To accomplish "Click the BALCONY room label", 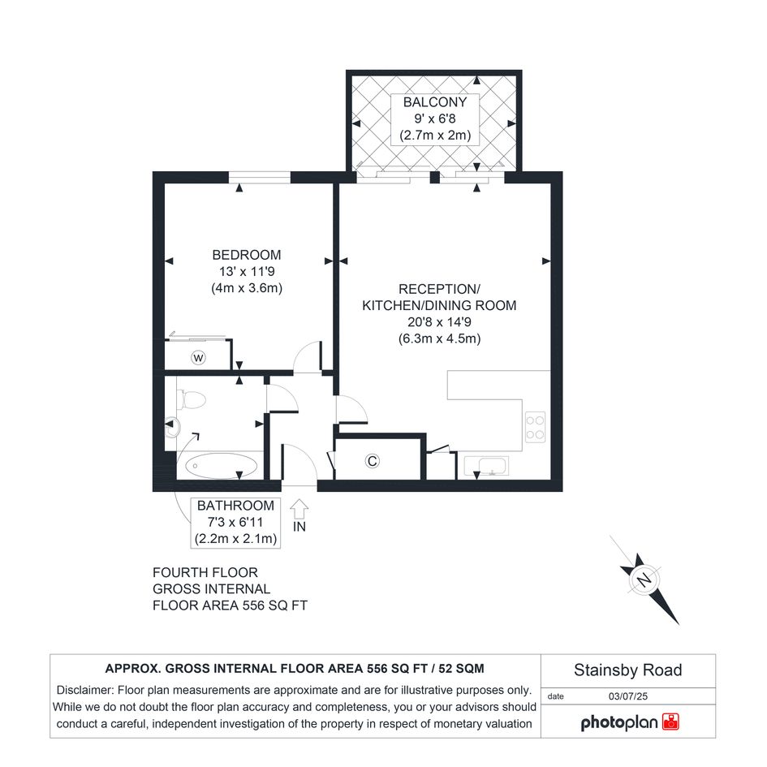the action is pos(435,102).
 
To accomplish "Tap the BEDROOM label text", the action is pos(247,255).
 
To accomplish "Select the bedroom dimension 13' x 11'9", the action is pos(247,271).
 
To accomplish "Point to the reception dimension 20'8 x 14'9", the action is pos(439,322).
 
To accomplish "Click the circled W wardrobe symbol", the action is pos(198,358).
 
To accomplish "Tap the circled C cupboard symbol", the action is pos(373,461).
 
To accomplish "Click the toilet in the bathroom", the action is pos(191,399).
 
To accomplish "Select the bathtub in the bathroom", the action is pos(221,465).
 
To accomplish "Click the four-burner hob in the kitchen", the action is pos(535,428).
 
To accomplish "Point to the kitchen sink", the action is pos(486,466).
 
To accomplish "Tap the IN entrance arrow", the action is pos(299,509).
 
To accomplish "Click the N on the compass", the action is pos(645,580).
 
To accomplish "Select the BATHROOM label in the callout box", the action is pos(235,506).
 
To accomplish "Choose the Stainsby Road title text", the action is pos(627,670).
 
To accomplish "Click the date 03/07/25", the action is pos(627,696).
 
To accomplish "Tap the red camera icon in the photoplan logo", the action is pos(670,722).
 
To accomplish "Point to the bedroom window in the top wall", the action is pos(260,177).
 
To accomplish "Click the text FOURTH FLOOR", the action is pos(205,572).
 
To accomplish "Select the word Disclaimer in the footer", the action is pos(85,690).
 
